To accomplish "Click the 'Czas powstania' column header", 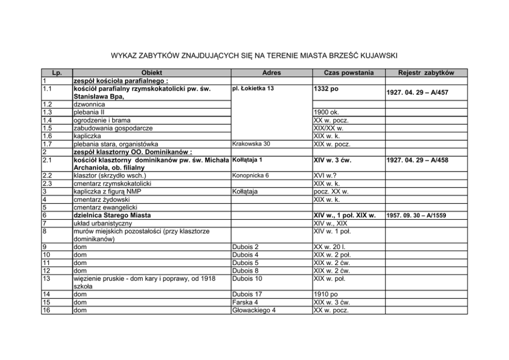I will (x=349, y=73).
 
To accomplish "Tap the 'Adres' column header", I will (x=271, y=73).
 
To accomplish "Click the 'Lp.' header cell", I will (x=57, y=73).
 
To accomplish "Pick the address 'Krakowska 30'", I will (x=251, y=144).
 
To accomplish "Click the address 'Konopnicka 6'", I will (x=251, y=175).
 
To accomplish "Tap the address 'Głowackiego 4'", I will (x=254, y=310).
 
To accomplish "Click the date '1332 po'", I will (x=326, y=89).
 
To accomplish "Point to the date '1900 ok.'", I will (x=326, y=112).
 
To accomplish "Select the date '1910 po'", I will (x=326, y=294).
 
